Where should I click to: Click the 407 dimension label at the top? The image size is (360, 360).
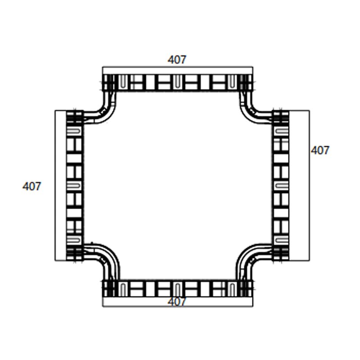[x=177, y=59]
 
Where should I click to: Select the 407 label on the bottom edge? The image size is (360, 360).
[x=177, y=302]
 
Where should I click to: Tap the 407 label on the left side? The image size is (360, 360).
[x=32, y=186]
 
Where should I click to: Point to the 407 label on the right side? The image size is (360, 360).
[x=320, y=150]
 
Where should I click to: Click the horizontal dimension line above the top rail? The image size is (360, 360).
[x=177, y=67]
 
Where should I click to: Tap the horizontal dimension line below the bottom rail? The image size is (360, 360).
[x=177, y=306]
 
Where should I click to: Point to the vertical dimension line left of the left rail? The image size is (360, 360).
[x=55, y=185]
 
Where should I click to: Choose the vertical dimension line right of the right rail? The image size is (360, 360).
[x=309, y=185]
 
